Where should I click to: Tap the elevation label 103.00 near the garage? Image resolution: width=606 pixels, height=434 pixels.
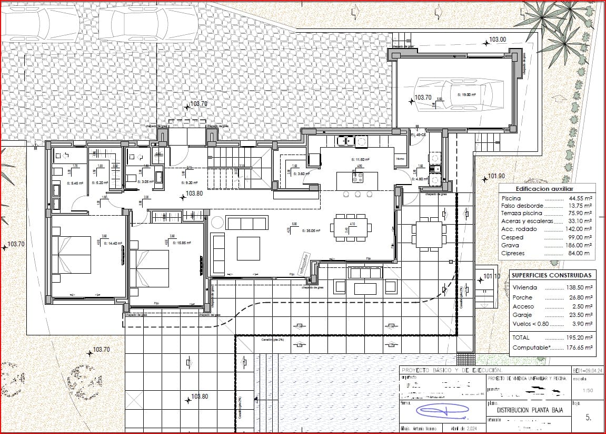click(x=497, y=40)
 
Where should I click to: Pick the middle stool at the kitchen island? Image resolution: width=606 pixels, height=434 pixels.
click(x=358, y=195)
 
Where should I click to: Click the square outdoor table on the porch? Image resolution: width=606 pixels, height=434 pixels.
click(x=428, y=234)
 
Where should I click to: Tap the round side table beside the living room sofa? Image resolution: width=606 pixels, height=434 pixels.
click(x=217, y=224)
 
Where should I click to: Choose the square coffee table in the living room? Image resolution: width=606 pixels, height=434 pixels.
click(x=248, y=248)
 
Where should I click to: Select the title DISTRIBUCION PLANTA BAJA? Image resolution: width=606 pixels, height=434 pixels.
click(x=527, y=409)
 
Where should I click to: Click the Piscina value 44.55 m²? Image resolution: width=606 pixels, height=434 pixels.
click(x=581, y=198)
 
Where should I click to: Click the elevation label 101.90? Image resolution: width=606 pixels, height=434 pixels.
click(x=496, y=176)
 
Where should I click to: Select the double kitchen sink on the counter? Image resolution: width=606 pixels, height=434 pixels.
click(x=346, y=141)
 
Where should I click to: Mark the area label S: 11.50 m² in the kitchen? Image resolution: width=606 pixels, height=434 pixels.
click(x=360, y=159)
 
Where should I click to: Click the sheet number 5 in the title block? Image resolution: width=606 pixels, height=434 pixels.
click(x=588, y=417)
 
